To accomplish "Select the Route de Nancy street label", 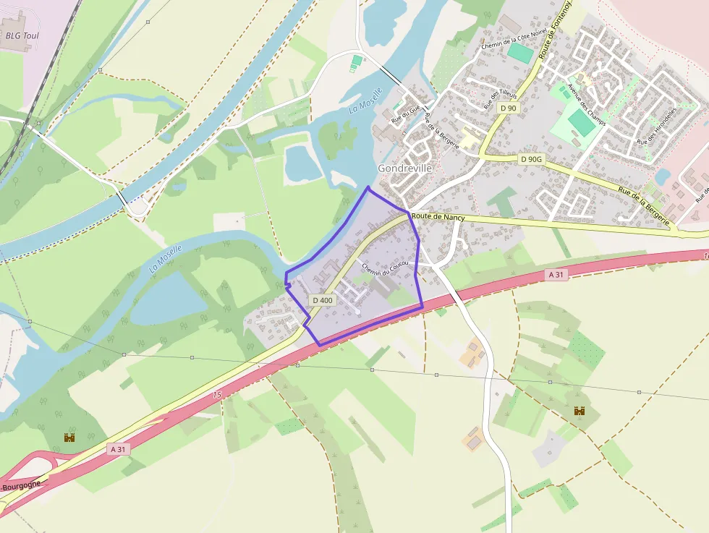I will [x=439, y=216].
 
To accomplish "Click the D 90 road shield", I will [x=508, y=108].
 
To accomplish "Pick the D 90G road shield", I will [x=531, y=158].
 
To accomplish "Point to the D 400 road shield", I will [x=323, y=299].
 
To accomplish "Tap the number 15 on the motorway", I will [x=216, y=395].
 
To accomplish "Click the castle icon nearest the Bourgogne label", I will [x=69, y=438].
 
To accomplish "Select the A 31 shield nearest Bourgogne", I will [x=118, y=449].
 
